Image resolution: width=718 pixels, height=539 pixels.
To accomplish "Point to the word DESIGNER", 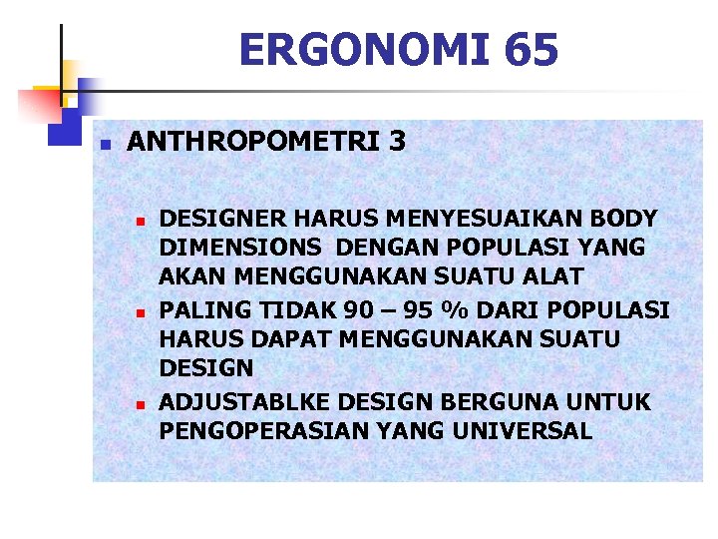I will [220, 218].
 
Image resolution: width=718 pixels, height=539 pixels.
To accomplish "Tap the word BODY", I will [624, 218].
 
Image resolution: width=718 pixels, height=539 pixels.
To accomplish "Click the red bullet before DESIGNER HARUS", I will [141, 220].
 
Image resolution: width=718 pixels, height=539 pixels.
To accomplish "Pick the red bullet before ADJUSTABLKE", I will [141, 404].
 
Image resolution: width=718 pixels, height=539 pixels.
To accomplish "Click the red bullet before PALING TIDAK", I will [141, 312].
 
